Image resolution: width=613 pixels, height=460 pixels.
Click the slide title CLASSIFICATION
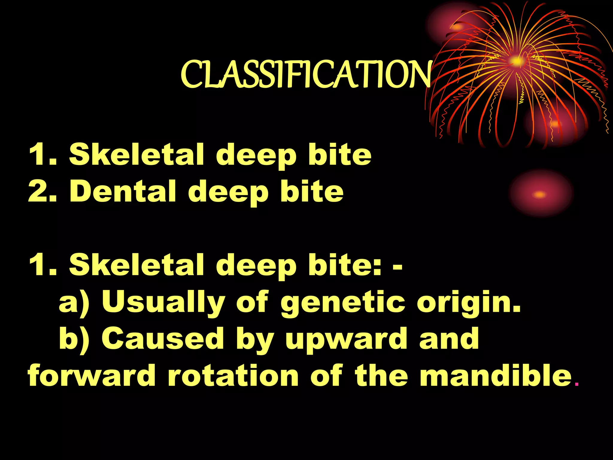click(x=306, y=74)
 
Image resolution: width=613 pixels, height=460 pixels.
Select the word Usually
click(x=163, y=302)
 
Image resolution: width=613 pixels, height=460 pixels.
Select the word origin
click(x=468, y=302)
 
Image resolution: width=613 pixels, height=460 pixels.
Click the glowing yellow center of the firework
click(x=515, y=61)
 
